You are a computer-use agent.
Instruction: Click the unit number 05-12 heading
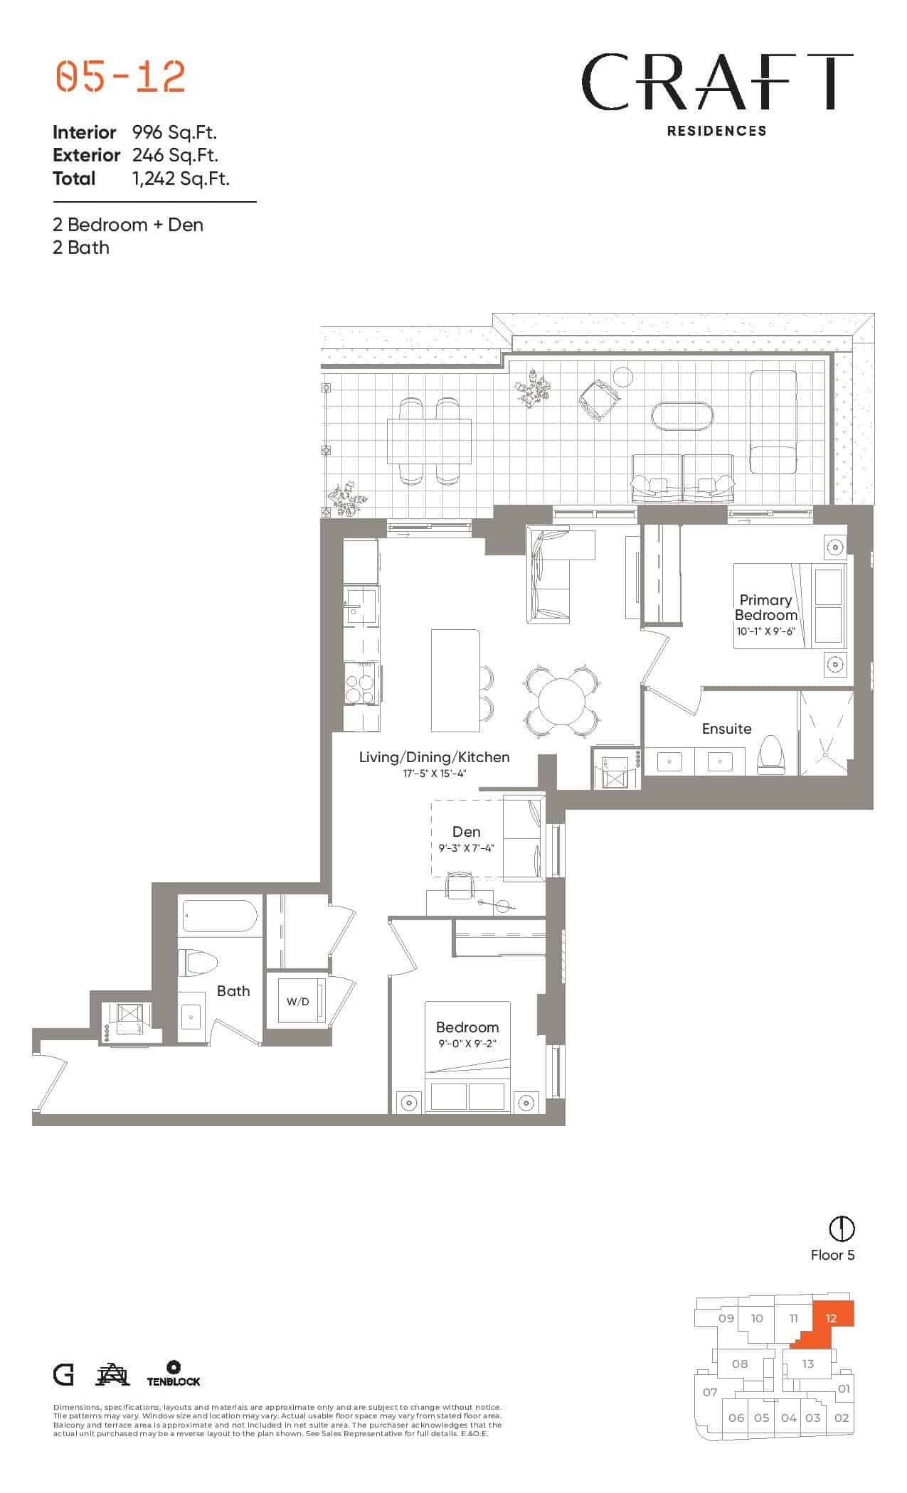pos(120,77)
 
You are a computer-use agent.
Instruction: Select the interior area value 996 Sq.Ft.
pos(174,132)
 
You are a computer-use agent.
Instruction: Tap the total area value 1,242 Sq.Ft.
pos(181,178)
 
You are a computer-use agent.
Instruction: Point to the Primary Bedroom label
pos(765,607)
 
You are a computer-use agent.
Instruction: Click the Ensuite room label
pos(726,728)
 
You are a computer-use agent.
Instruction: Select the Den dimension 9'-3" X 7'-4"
pos(466,848)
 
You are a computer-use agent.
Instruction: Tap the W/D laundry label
pos(297,1002)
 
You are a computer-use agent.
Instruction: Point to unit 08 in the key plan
pos(740,1364)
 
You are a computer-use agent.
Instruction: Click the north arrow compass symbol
pos(842,1228)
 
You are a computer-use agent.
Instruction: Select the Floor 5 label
pos(832,1255)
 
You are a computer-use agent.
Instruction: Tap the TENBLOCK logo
pos(173,1374)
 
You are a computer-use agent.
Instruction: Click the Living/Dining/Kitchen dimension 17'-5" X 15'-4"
pos(434,774)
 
